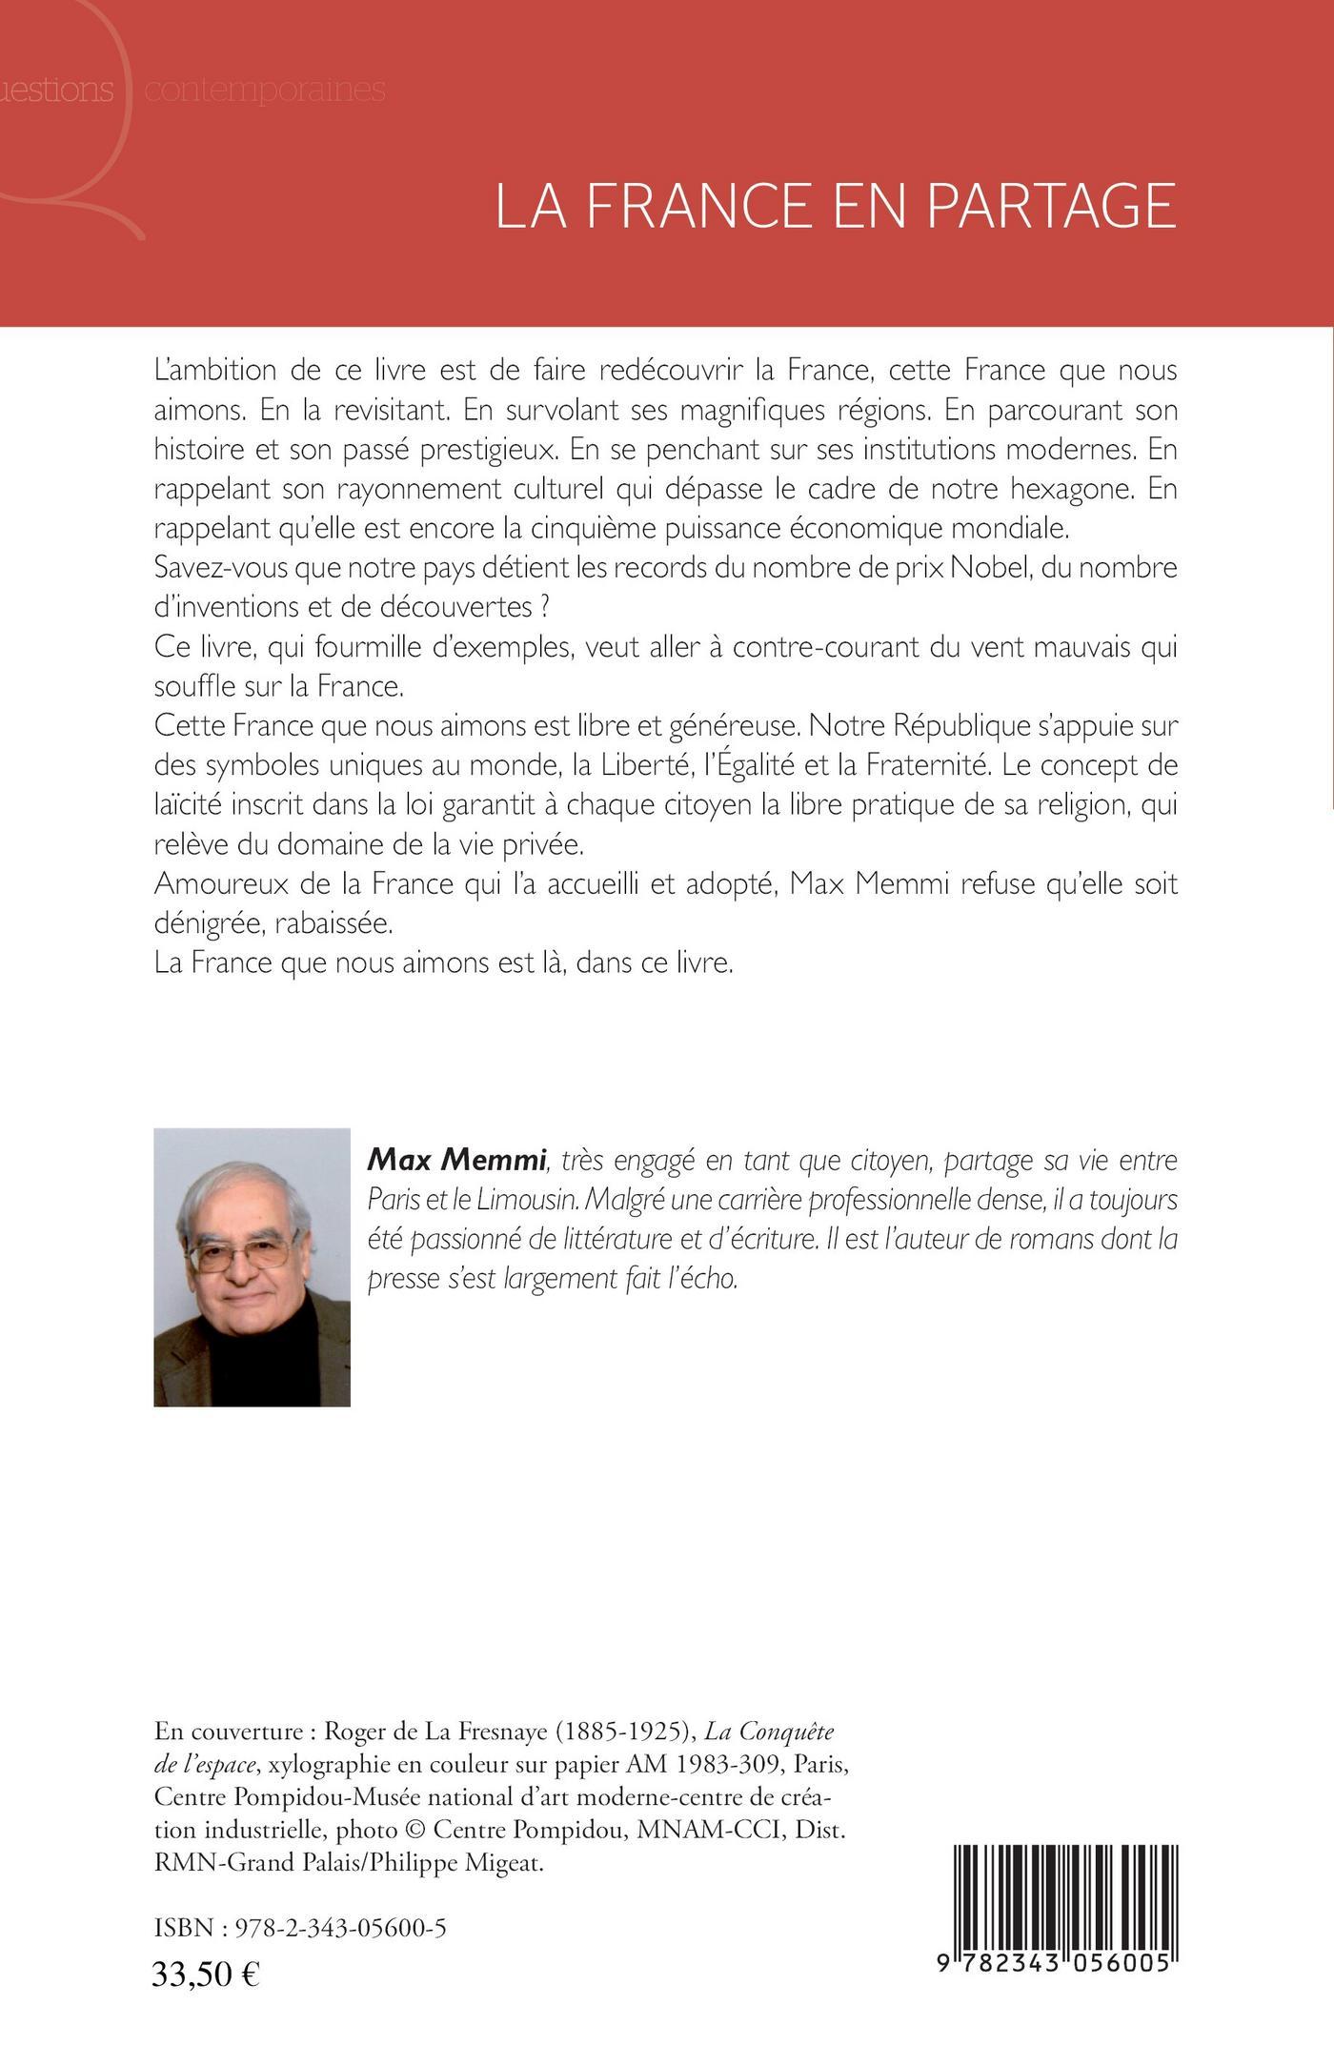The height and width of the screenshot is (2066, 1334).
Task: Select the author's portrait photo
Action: point(252,1267)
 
